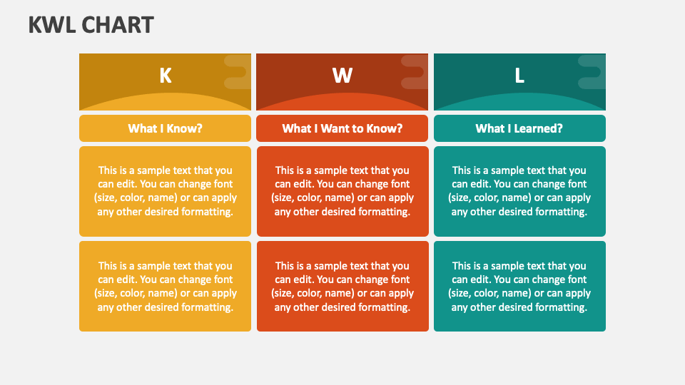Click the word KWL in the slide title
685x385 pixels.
tap(52, 25)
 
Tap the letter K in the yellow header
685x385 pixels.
tap(165, 76)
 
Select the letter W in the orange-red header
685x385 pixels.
tap(342, 76)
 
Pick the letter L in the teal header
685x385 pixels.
tap(519, 76)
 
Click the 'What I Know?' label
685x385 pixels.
tap(165, 128)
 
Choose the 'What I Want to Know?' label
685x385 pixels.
tap(342, 128)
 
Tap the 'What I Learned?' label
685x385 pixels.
tap(519, 128)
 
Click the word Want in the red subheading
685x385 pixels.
tap(330, 128)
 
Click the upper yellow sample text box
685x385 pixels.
tap(165, 191)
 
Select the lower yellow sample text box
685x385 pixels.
tap(165, 286)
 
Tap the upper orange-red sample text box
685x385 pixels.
tap(342, 191)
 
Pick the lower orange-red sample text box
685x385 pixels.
tap(342, 286)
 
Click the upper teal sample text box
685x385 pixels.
tap(519, 191)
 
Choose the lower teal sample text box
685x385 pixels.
tap(519, 286)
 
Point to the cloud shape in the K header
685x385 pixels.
tap(237, 72)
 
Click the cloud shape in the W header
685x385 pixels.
tap(415, 72)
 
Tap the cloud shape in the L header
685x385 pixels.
tap(592, 72)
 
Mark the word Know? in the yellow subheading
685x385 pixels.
tap(186, 128)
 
